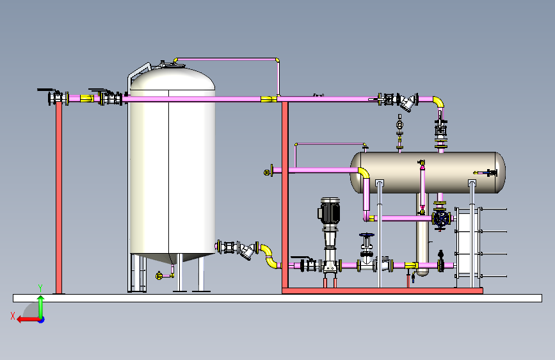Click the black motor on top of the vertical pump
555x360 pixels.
point(329,211)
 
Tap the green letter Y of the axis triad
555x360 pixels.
point(40,288)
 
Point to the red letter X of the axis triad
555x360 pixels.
point(12,315)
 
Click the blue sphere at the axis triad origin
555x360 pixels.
point(41,319)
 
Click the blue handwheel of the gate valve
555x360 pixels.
point(366,236)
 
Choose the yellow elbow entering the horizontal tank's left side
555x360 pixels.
point(364,174)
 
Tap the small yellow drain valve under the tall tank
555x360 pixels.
point(159,275)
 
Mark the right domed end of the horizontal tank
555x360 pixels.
point(499,172)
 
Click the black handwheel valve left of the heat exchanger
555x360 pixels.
point(440,218)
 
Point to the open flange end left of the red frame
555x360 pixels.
point(269,172)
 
